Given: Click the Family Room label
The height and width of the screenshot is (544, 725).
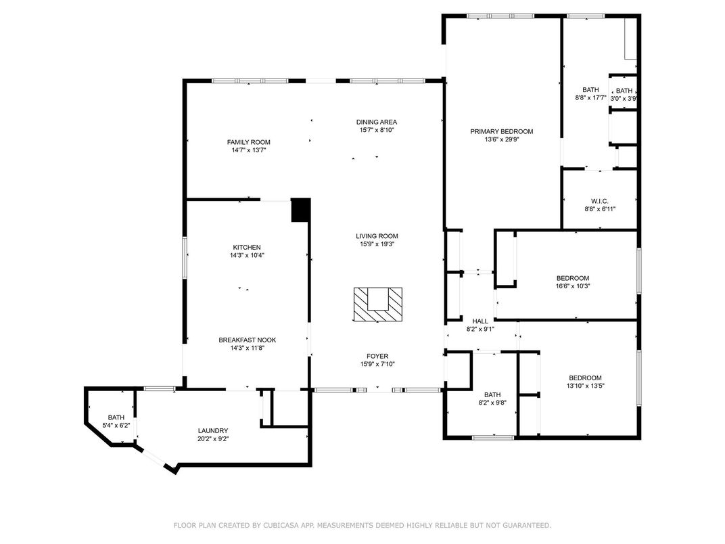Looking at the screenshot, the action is coord(248,143).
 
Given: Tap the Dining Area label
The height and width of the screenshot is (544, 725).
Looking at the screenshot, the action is coord(377,122).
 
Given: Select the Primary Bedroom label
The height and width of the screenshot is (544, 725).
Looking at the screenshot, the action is coord(502,131).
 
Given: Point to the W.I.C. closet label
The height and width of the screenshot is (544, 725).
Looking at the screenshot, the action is coord(600,201).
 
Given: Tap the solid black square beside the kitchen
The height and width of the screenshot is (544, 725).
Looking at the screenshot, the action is coord(300,210).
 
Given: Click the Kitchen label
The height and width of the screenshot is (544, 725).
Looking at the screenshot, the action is coord(247,248).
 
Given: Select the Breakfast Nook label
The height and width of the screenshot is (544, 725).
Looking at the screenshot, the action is coord(248,340).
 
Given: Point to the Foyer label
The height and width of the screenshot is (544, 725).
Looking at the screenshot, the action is coord(377,356).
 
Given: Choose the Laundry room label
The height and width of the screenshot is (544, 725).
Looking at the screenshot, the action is coord(213,430).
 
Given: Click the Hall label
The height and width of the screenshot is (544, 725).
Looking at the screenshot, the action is coord(480,321).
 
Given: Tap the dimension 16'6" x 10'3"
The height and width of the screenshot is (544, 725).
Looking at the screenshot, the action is coord(573,286).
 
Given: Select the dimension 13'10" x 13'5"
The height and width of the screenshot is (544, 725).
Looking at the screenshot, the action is coord(586,386).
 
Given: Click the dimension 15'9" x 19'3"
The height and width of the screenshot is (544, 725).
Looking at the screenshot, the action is coord(377,244).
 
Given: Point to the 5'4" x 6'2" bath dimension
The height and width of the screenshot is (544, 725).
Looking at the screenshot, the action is coord(116,425).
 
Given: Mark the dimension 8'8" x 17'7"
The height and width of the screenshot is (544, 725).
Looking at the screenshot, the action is coord(590,97).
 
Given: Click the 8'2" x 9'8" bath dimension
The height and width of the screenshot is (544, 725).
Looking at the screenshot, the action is coord(492,403).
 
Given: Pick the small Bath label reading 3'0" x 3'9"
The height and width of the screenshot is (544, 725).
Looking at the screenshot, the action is coord(624,91).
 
